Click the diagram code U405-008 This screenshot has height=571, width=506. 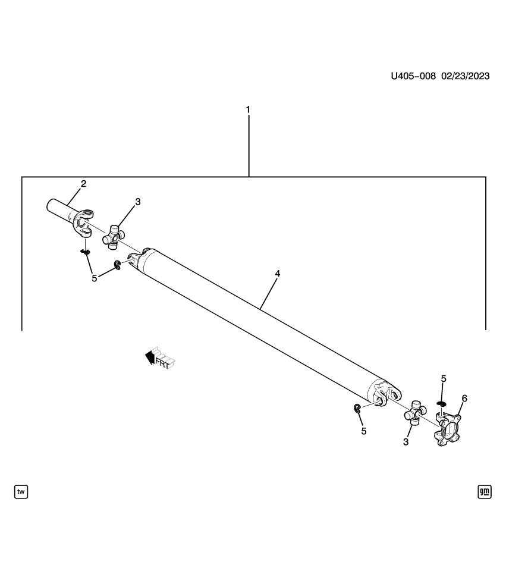pos(413,76)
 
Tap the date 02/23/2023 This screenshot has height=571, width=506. pos(465,76)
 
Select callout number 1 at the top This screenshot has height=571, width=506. pos(248,110)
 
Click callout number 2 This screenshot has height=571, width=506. pos(83,183)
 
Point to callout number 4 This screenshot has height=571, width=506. pos(277,274)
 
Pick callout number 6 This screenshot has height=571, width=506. pos(464,398)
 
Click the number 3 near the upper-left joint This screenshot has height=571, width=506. pos(137,202)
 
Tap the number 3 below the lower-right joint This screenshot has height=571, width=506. pos(406,442)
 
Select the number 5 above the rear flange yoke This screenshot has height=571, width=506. pos(443,378)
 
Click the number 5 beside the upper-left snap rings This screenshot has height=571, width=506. pos(94,278)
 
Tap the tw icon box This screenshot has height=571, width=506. pos(21,491)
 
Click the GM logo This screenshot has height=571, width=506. pos(485,491)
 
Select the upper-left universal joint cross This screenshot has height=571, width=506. pos(114,236)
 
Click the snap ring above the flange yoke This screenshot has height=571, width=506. pos(441,404)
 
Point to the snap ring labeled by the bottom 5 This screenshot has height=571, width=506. pos(357,408)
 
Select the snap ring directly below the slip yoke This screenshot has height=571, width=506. pos(86,252)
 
